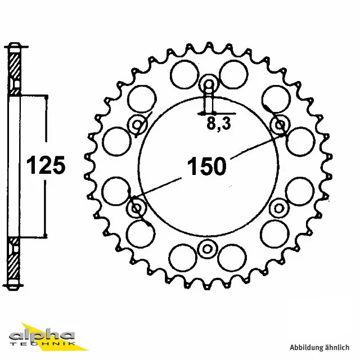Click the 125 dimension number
tap(47, 166)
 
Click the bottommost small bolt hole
tap(208, 248)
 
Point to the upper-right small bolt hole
tap(279, 125)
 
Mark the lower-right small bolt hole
tap(279, 209)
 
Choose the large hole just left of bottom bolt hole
tap(183, 257)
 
